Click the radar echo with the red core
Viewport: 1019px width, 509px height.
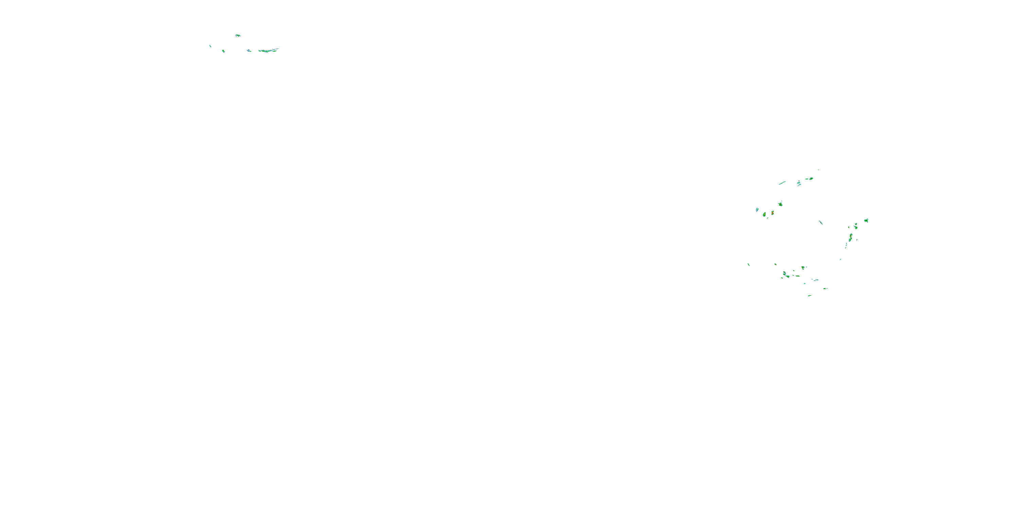772,213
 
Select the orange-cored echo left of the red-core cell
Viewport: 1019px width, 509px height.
764,214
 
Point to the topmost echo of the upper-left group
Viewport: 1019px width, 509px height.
237,35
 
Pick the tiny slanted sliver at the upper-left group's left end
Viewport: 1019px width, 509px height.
210,46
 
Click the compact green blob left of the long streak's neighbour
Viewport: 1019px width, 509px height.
224,51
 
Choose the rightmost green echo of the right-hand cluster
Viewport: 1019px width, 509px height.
866,220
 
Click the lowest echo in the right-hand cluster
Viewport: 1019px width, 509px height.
810,296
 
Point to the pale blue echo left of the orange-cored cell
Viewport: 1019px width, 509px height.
757,209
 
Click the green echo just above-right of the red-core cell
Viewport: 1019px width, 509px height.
781,204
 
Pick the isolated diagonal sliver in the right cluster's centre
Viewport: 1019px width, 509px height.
821,223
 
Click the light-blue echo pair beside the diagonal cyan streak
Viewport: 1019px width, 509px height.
799,183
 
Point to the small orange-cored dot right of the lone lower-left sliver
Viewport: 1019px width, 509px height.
775,264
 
